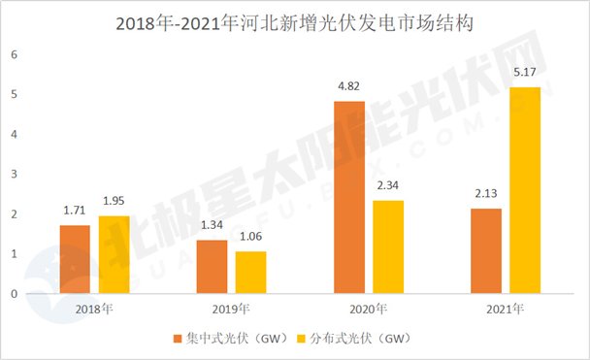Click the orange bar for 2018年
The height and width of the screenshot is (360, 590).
pos(75,259)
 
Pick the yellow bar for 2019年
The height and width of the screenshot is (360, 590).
pos(250,272)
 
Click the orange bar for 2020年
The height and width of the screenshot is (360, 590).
pos(349,197)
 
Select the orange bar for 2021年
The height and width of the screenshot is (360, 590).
pos(486,250)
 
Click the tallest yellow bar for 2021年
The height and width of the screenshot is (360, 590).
pos(525,190)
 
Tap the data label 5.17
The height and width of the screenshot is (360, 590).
pos(525,73)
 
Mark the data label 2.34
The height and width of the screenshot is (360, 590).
pos(388,186)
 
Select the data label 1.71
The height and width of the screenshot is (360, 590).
pos(75,211)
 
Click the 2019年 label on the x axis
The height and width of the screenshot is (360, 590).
pos(231,309)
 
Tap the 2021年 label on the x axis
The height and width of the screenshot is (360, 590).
pos(506,309)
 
